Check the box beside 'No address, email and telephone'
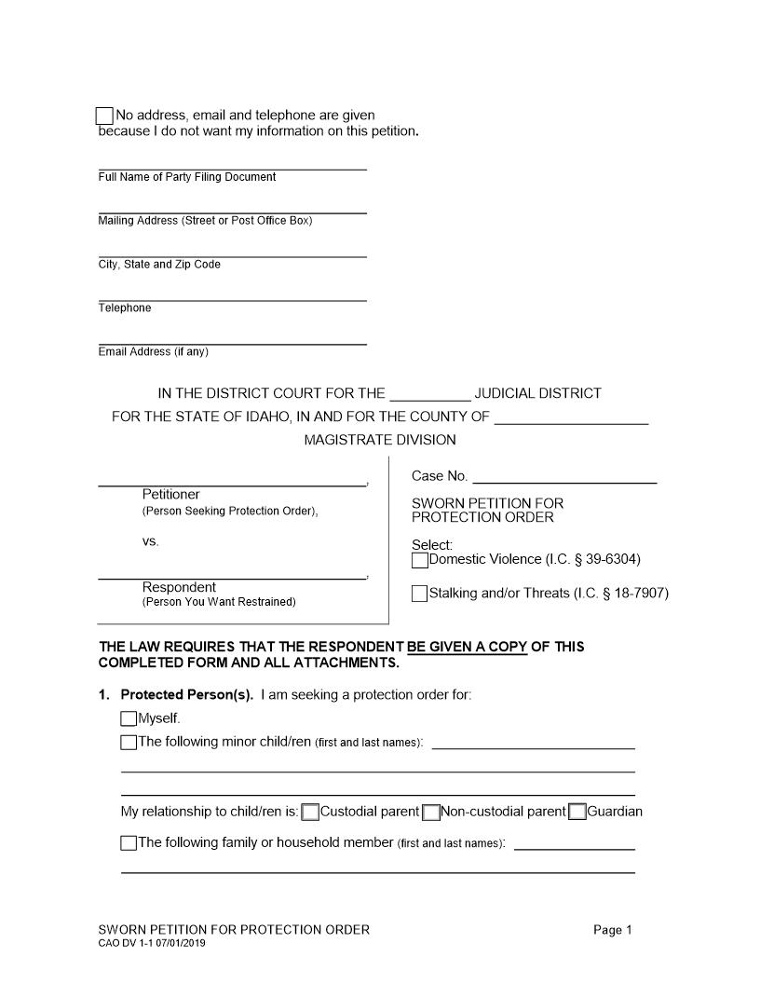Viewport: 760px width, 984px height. point(104,116)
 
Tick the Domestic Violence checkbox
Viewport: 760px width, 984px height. point(420,560)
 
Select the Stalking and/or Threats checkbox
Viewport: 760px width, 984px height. point(420,594)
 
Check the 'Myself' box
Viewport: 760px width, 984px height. point(129,718)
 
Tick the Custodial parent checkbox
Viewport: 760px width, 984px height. point(311,812)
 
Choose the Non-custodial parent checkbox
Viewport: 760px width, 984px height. point(431,812)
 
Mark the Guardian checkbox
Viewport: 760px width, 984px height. point(577,812)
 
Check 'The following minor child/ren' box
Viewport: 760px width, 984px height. point(129,743)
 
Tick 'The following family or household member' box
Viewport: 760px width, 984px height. point(129,843)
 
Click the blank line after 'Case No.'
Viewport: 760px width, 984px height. point(564,477)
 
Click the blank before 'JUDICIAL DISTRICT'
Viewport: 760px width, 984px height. point(430,394)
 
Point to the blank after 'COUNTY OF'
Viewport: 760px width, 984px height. point(571,417)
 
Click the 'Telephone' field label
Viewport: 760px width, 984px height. point(125,308)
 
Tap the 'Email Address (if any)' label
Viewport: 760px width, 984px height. point(154,352)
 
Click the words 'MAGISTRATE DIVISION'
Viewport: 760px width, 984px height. point(380,440)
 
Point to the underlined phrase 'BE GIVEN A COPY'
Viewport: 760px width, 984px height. point(468,647)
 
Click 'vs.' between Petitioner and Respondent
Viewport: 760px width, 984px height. point(151,541)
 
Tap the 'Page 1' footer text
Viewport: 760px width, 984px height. point(613,930)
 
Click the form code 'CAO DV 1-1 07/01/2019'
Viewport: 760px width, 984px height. point(152,943)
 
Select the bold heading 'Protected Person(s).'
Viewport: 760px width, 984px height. point(186,695)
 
